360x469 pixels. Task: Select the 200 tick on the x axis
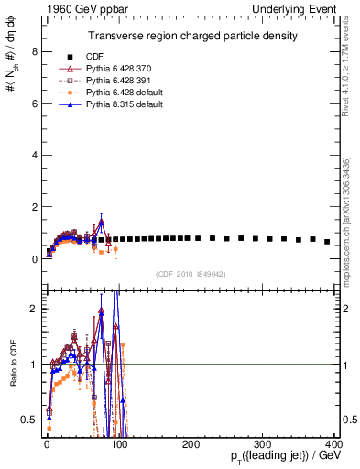pyautogui.click(x=191, y=444)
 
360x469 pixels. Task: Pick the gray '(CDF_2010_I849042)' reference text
pyautogui.click(x=191, y=274)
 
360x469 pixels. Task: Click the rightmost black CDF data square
pyautogui.click(x=327, y=242)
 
